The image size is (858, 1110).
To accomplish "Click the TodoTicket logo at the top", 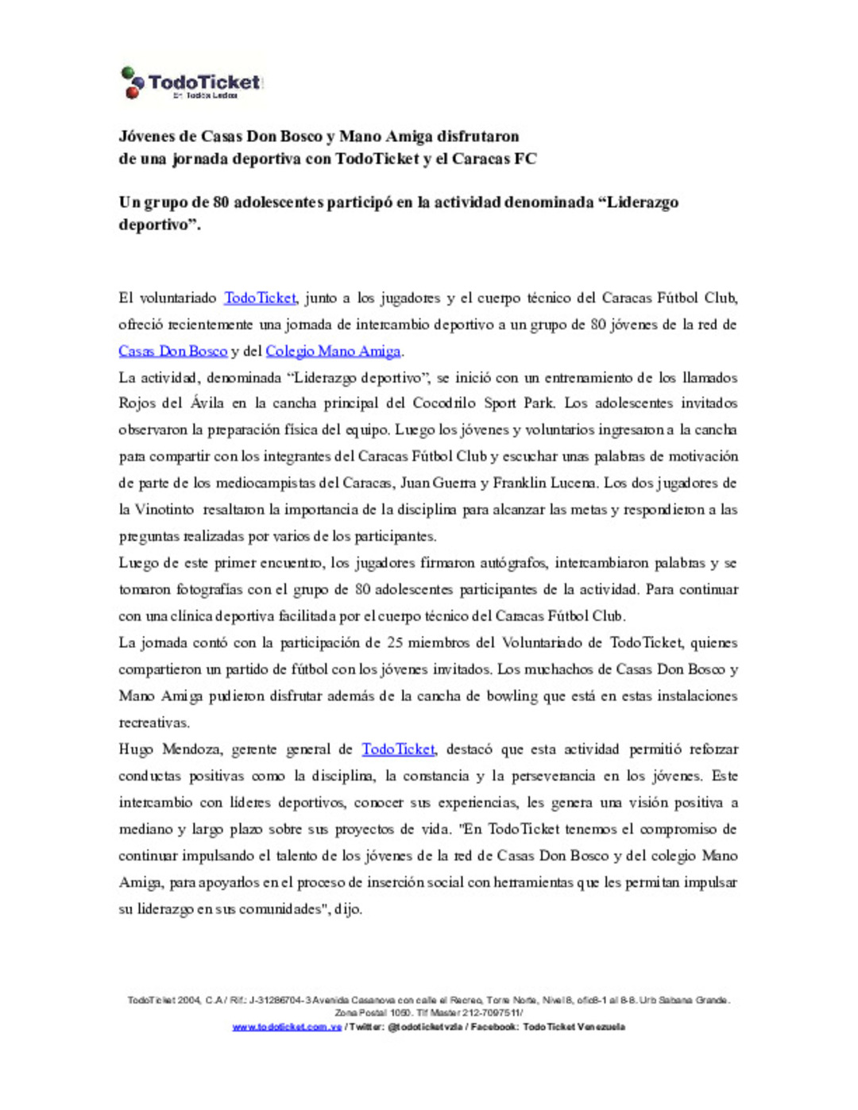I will [191, 83].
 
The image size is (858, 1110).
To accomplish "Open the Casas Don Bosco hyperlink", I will [172, 351].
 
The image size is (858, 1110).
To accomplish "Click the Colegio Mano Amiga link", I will [333, 351].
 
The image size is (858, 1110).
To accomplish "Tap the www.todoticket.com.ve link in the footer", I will [287, 1027].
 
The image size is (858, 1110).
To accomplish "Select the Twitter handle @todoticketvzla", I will [424, 1027].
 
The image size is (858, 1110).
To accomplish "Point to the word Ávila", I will [207, 403].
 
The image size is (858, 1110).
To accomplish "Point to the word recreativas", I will [154, 723].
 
